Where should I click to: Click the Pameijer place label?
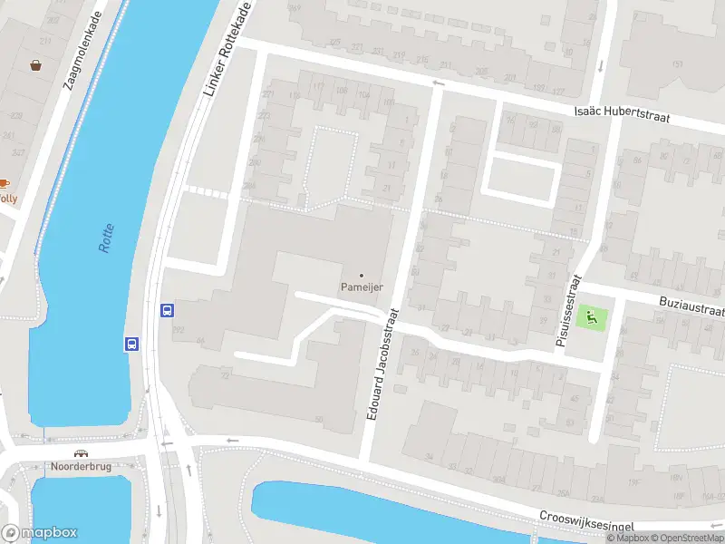click(362, 287)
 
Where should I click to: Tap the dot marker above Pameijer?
click(362, 275)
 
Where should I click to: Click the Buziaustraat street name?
click(692, 306)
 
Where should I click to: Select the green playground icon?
click(591, 317)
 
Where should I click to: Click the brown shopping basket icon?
click(36, 65)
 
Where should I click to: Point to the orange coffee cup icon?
click(4, 183)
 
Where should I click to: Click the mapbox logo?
click(40, 533)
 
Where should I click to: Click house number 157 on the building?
click(678, 64)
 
